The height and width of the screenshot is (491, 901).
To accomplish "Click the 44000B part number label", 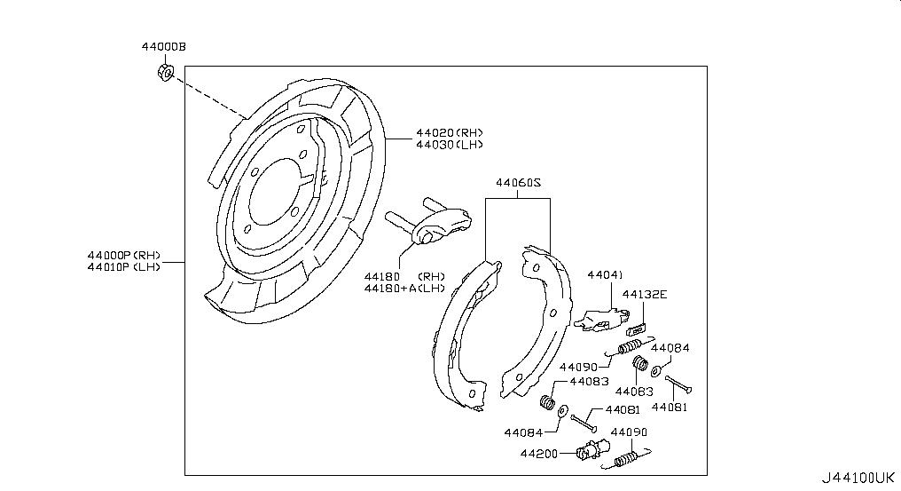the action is point(164,47).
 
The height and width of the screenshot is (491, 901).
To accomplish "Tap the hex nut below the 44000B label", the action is point(165,72).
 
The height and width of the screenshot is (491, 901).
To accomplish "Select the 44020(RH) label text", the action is point(450,133).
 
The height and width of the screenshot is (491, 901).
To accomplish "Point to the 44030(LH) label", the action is point(450,145).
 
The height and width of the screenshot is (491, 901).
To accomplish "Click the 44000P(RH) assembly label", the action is point(124,255).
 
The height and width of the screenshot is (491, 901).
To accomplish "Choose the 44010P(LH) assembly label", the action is point(124,266).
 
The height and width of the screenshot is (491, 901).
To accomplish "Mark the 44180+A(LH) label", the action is point(404,288).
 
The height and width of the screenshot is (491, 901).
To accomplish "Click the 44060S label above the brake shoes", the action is point(518,183).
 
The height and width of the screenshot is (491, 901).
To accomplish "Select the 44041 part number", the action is point(605,275).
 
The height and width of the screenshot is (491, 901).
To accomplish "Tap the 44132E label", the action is point(645,295).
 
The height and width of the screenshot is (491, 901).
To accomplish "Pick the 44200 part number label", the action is point(539,454).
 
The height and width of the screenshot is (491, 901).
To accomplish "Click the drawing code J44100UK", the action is point(858,478).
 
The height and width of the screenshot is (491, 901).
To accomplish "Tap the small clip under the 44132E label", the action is point(637,329).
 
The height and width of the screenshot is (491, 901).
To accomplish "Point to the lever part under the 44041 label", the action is point(601,319).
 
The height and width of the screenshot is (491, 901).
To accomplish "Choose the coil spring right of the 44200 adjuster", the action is point(628,458).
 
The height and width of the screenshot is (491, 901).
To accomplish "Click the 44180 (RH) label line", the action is point(404,276).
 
